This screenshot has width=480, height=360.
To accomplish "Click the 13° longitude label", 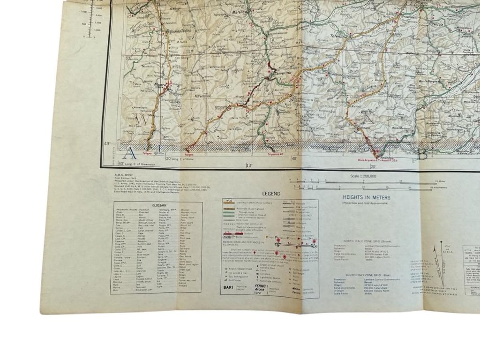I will (x=249, y=165).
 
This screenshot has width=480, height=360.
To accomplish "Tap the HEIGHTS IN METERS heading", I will (x=369, y=199).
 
